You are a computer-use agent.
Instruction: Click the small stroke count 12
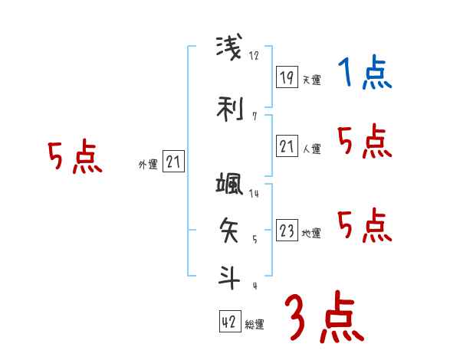coord(255,55)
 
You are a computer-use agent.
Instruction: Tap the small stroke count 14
coord(254,194)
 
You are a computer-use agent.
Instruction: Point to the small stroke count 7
coord(254,116)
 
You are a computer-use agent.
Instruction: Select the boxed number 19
coord(287,77)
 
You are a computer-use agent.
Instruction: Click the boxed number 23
coord(287,231)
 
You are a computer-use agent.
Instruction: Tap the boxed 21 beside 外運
coord(174,162)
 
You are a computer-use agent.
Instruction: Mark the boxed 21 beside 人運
coord(287,147)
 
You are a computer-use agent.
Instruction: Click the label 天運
coord(311,80)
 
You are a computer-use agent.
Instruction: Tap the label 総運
coord(255,325)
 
